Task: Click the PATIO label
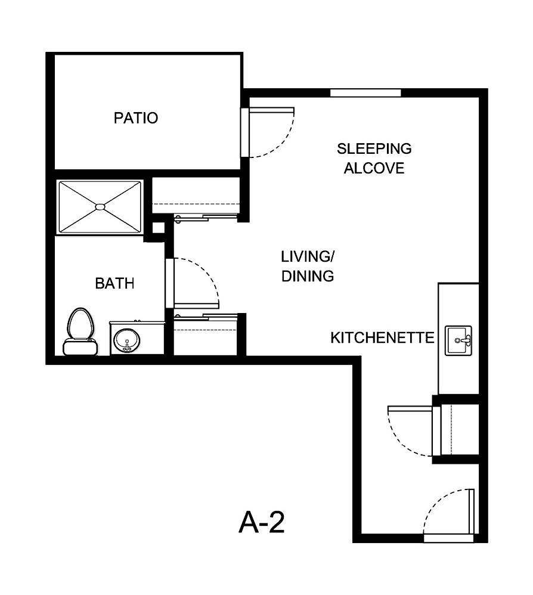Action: [136, 118]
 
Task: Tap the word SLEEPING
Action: [374, 148]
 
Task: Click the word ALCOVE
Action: [374, 168]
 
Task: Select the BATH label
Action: [114, 284]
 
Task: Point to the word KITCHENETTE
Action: [382, 338]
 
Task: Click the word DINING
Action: [307, 277]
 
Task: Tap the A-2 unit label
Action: [261, 523]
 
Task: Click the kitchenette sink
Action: [458, 340]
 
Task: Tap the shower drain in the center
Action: [100, 207]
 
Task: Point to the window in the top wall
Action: [365, 92]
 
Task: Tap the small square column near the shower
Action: [159, 227]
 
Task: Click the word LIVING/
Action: [307, 257]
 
